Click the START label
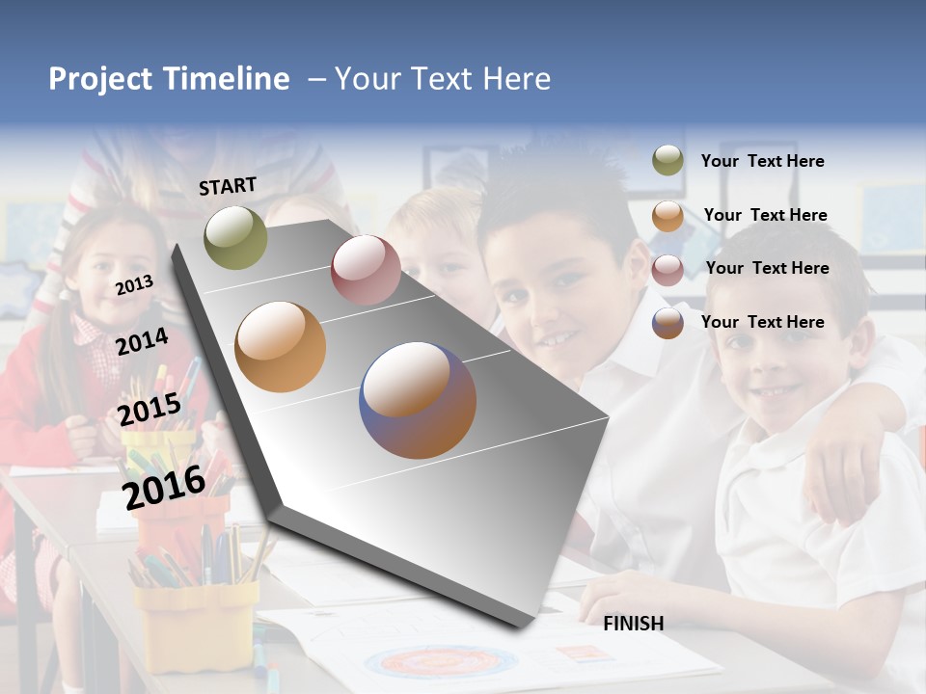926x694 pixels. [228, 186]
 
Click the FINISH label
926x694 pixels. [633, 624]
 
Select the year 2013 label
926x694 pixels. [135, 285]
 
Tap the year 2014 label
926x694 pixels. [143, 341]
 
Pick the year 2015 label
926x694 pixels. [150, 410]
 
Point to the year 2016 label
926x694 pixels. [164, 487]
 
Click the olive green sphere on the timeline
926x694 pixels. [235, 237]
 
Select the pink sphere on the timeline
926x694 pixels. [366, 270]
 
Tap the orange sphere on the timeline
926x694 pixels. [280, 347]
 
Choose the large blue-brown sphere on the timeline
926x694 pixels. [418, 400]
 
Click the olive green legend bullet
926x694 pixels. [667, 160]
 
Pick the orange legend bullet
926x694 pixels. [667, 216]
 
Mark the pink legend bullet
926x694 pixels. [667, 270]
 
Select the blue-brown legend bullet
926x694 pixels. [667, 323]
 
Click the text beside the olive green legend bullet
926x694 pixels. [762, 161]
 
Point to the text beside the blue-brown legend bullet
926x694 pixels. [762, 322]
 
